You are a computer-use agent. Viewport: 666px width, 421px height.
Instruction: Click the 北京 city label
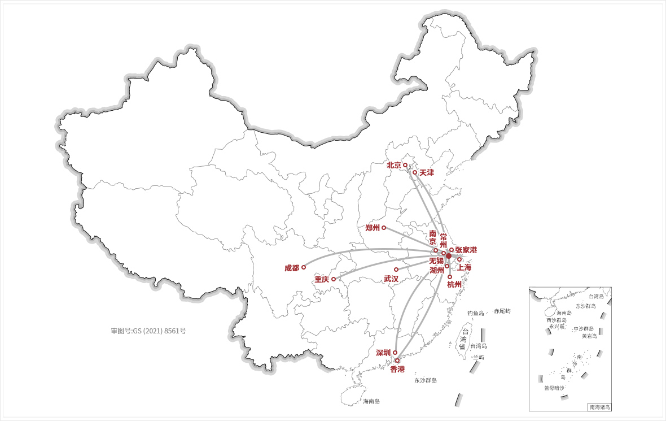pos(393,166)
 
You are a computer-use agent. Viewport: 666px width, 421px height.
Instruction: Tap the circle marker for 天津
pos(415,172)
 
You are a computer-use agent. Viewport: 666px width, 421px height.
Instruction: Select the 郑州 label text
pos(373,228)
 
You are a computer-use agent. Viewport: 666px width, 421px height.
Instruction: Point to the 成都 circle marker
pos(304,267)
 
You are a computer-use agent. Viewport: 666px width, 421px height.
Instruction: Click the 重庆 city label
pos(322,280)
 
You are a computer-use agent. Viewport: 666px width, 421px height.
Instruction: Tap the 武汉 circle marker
pos(396,270)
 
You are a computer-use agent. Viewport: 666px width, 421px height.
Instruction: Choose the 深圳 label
pos(383,353)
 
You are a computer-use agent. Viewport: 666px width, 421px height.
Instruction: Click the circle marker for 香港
pos(397,361)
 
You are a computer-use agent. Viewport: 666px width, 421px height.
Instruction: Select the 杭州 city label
pos(454,284)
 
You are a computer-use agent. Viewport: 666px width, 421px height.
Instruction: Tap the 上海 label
pos(464,267)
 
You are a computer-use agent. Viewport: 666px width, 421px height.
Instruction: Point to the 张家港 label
pos(466,250)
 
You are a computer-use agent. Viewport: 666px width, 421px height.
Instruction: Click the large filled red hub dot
pos(449,256)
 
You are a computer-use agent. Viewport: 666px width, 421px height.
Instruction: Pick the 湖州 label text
pos(437,271)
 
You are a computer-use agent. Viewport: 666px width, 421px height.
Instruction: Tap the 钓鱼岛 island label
pos(476,313)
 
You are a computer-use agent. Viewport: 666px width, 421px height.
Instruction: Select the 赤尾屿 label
pos(502,311)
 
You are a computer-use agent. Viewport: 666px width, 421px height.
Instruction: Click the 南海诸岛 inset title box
pos(599,407)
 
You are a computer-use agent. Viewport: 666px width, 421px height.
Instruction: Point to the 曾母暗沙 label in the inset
pos(554,388)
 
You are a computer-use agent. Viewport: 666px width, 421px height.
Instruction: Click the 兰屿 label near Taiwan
pos(479,357)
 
